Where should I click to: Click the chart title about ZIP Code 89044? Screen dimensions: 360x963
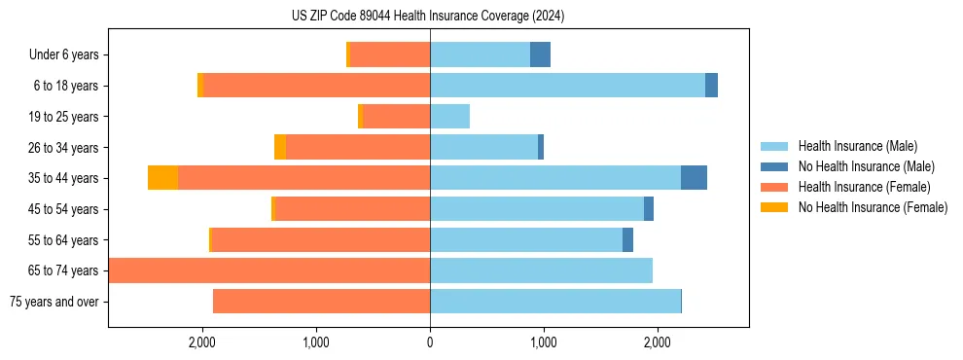click(428, 16)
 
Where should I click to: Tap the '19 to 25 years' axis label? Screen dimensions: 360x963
click(64, 117)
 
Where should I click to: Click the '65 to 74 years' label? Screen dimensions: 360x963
click(64, 270)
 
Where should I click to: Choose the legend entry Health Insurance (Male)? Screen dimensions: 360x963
click(857, 146)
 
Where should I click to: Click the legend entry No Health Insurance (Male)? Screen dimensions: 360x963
click(866, 166)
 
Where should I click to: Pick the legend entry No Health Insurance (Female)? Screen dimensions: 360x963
click(873, 207)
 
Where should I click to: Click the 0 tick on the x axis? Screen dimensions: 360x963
click(430, 342)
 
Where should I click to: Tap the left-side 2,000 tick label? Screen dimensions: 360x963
click(202, 342)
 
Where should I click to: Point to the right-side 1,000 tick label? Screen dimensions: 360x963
click(544, 342)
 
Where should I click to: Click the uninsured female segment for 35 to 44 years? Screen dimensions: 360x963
click(162, 178)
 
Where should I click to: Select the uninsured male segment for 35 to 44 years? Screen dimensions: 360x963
click(694, 178)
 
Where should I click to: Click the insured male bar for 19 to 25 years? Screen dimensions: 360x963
click(449, 117)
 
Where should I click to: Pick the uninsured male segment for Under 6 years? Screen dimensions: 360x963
click(540, 55)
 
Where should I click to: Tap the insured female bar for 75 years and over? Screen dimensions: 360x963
click(321, 302)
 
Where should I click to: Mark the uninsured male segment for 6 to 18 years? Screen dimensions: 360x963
click(711, 86)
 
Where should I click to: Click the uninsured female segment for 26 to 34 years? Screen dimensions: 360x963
click(280, 147)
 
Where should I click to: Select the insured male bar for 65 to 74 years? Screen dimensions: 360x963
click(541, 270)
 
